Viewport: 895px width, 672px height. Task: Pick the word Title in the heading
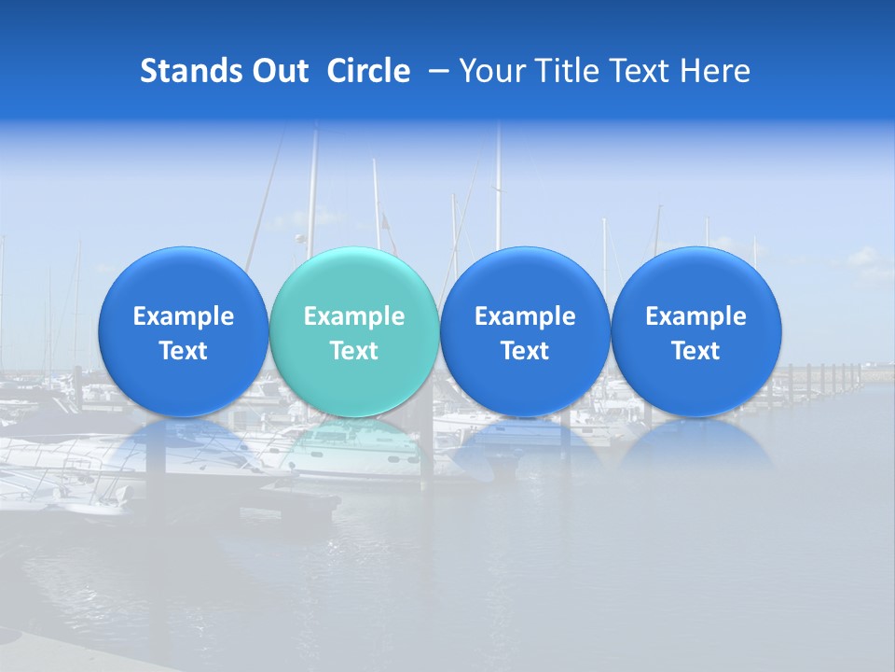coord(564,71)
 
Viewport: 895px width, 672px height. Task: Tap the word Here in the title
coord(716,71)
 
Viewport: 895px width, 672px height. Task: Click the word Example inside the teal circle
coord(354,316)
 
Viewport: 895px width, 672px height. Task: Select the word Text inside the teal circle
coord(354,351)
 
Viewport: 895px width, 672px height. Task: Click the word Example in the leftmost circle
coord(183,316)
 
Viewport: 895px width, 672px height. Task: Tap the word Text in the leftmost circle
coord(183,351)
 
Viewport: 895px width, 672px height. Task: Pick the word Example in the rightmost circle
coord(695,316)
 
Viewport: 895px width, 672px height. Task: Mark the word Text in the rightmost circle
coord(695,351)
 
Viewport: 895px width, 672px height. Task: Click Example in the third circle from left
coord(525,316)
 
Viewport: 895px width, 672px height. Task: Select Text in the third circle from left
coord(525,351)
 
